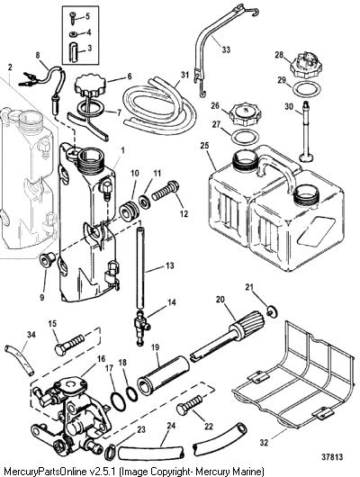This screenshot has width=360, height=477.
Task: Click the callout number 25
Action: (x=204, y=145)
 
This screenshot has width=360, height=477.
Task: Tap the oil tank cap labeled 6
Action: (x=90, y=85)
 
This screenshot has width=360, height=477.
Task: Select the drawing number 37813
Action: (x=332, y=457)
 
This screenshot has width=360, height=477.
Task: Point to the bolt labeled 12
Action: (x=165, y=191)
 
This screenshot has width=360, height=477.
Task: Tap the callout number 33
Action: (x=226, y=49)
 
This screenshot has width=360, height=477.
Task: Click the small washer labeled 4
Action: (x=73, y=34)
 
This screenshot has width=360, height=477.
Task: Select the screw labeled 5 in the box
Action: (x=73, y=17)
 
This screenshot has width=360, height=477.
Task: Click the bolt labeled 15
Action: (x=69, y=345)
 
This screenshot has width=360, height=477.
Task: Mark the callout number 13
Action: (x=169, y=265)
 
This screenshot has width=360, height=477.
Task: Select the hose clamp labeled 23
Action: (x=110, y=452)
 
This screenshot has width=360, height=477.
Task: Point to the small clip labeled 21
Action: (x=273, y=311)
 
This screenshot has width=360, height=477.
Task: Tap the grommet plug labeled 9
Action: (x=48, y=259)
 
